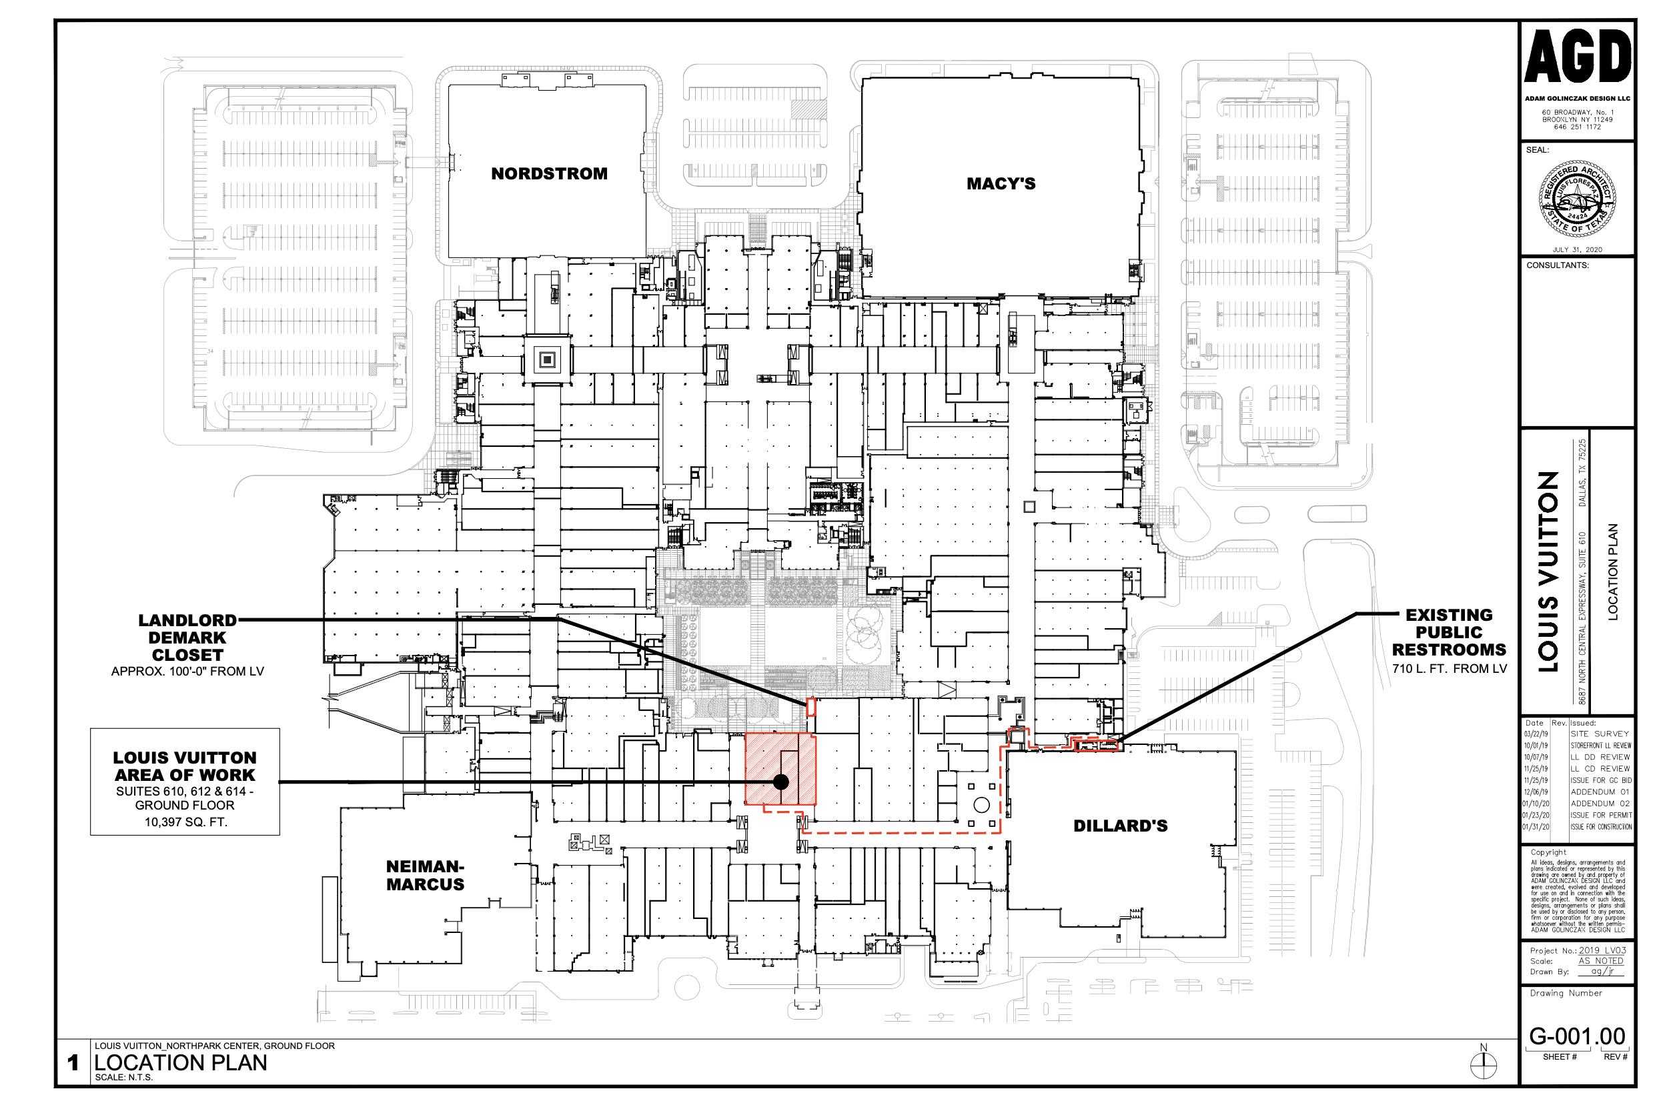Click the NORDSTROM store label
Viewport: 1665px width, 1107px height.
[x=548, y=173]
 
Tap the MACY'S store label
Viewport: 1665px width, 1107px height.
[x=1001, y=183]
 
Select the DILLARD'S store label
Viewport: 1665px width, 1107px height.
[x=1120, y=826]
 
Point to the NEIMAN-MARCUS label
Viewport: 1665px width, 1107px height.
[x=425, y=875]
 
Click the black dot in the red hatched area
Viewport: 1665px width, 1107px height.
[x=780, y=782]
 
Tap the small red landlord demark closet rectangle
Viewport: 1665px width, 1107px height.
[x=810, y=706]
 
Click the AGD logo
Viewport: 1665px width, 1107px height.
[x=1578, y=57]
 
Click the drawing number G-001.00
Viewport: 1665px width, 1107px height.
[x=1577, y=1036]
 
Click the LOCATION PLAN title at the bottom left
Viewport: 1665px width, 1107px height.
[x=181, y=1062]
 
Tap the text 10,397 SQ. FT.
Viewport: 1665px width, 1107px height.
[x=185, y=822]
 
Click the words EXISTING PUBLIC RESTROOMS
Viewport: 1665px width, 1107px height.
[x=1449, y=633]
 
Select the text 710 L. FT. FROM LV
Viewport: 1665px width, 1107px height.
[x=1449, y=669]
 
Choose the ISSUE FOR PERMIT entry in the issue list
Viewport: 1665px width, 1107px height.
[x=1601, y=815]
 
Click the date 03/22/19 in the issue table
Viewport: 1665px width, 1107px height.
[x=1535, y=734]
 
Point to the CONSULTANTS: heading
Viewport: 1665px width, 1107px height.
[x=1558, y=265]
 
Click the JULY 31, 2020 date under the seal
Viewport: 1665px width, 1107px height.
[x=1577, y=249]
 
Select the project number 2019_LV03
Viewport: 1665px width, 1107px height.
[x=1602, y=950]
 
